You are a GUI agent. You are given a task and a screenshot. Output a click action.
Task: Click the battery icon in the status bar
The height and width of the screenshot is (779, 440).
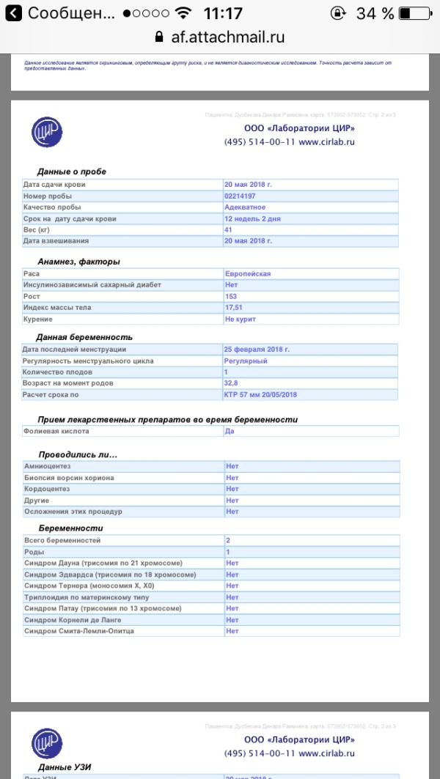click(414, 13)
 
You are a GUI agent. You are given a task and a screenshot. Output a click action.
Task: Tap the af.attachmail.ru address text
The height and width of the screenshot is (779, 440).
click(227, 37)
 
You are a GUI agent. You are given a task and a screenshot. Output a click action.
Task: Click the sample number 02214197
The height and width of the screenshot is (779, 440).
click(240, 196)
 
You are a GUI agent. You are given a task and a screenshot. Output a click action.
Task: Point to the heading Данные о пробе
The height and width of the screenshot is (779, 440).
click(72, 171)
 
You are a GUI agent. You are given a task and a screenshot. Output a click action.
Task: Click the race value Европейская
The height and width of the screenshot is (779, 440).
click(248, 273)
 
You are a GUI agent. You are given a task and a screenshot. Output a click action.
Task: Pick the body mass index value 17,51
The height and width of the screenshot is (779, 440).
click(234, 308)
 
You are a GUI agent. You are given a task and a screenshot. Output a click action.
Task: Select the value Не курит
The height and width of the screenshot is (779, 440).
click(241, 320)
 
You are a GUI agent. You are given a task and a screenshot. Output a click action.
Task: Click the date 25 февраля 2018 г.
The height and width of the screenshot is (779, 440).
click(257, 349)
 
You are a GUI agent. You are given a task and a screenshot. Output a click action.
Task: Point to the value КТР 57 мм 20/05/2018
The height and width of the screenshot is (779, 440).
click(260, 395)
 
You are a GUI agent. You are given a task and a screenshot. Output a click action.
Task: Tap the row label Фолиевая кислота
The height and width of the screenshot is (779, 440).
click(56, 432)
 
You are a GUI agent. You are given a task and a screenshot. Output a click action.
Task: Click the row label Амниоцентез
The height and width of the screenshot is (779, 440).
click(48, 466)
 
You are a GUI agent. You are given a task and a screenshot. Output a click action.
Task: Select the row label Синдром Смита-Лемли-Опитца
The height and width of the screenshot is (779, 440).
click(80, 631)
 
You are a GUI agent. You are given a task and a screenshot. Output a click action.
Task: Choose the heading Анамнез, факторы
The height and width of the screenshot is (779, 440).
click(78, 262)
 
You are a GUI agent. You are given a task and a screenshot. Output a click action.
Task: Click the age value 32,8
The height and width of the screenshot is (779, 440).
click(231, 383)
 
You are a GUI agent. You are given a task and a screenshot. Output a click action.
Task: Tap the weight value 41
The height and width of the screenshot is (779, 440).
click(228, 230)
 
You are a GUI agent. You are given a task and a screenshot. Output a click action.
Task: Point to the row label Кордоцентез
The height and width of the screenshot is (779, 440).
click(47, 489)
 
